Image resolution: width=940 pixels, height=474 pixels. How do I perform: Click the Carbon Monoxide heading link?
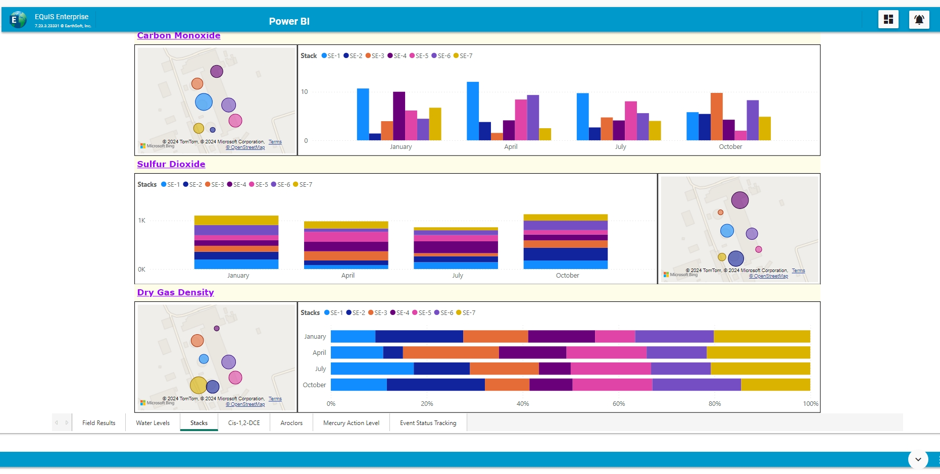pos(178,36)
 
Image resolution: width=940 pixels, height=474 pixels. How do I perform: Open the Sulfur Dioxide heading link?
pos(171,164)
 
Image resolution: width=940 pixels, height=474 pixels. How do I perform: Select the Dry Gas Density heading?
pos(175,292)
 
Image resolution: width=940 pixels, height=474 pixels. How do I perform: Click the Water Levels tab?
pos(153,423)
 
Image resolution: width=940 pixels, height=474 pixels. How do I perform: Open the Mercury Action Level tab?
pos(351,423)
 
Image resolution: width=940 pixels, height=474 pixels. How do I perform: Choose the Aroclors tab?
pos(291,423)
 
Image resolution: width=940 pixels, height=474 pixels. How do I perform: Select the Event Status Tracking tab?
pos(428,423)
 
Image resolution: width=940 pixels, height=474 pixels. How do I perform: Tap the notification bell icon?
pos(919,20)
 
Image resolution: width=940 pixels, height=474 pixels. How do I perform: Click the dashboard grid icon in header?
pos(888,20)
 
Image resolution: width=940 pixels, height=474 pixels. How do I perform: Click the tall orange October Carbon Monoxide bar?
pos(716,117)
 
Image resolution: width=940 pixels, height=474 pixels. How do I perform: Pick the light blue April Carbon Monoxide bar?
pos(473,111)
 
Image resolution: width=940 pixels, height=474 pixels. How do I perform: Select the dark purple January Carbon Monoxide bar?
pos(399,116)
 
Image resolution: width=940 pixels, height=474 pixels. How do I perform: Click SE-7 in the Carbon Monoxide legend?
pos(466,56)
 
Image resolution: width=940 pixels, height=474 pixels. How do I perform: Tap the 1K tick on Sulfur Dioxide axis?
pos(141,221)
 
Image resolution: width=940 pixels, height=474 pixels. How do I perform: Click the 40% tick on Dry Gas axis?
pos(523,404)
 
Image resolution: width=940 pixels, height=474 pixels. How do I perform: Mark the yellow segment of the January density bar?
pos(762,337)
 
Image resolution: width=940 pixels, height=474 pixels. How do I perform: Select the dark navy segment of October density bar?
pos(435,385)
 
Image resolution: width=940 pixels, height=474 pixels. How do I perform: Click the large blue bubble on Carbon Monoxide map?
pos(204,102)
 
